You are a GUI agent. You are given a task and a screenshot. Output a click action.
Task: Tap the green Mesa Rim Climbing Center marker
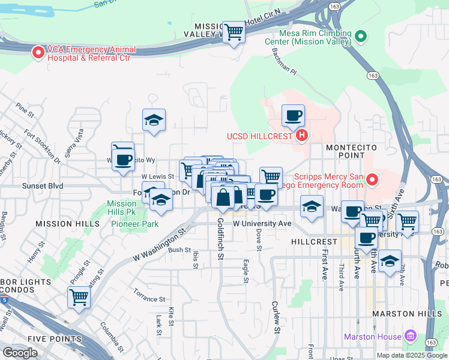coord(361,37)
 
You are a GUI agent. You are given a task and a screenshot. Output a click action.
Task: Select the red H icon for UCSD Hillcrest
coord(302,136)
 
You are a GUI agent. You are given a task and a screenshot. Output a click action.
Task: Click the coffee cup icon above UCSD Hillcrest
coord(293,115)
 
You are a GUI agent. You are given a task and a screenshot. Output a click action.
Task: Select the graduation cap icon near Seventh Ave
coord(390,261)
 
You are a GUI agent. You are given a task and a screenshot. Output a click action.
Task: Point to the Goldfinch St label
coord(220,239)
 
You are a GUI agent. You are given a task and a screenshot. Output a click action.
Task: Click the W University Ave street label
coord(262,223)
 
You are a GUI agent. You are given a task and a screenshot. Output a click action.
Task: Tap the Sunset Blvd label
coord(43,186)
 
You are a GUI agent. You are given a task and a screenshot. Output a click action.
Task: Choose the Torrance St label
coord(149,298)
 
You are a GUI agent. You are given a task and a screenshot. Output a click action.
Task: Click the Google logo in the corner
coord(20,352)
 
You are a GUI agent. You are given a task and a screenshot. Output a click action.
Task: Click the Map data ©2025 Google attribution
coord(412,355)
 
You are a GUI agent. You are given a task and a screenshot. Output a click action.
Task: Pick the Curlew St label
coord(276,317)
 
